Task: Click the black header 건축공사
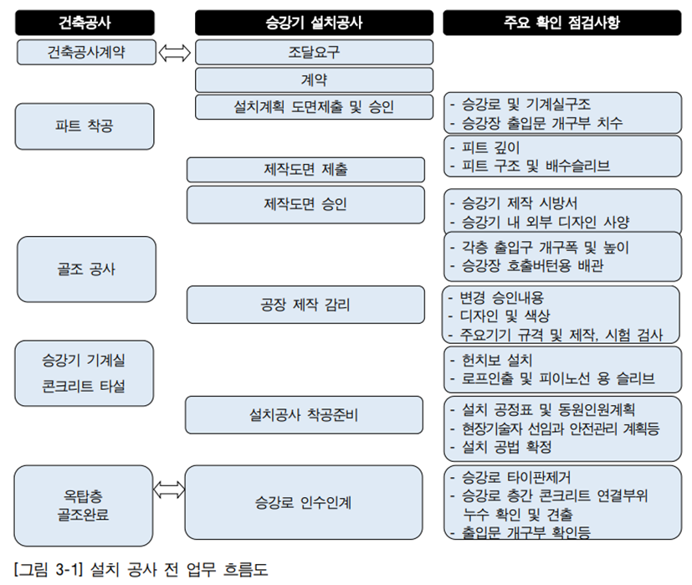click(x=85, y=23)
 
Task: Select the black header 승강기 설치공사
click(x=314, y=23)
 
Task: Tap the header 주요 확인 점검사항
click(x=561, y=23)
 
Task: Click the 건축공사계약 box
click(x=86, y=52)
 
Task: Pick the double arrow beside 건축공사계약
click(x=174, y=53)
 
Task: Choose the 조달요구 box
click(x=315, y=52)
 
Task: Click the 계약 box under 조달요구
click(x=315, y=80)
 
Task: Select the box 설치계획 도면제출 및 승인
click(x=315, y=107)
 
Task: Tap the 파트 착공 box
click(x=85, y=126)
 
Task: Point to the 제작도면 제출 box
click(x=306, y=170)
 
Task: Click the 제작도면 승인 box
click(x=306, y=204)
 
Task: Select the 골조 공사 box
click(x=86, y=269)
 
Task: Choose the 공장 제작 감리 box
click(x=306, y=305)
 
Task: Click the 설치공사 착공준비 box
click(x=304, y=414)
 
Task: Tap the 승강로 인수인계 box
click(x=304, y=502)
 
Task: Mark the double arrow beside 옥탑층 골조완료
click(x=169, y=490)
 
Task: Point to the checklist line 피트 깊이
click(x=485, y=147)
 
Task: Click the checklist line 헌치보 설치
click(x=491, y=360)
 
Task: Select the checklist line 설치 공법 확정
click(x=501, y=447)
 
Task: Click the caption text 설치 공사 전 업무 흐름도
click(x=179, y=569)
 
